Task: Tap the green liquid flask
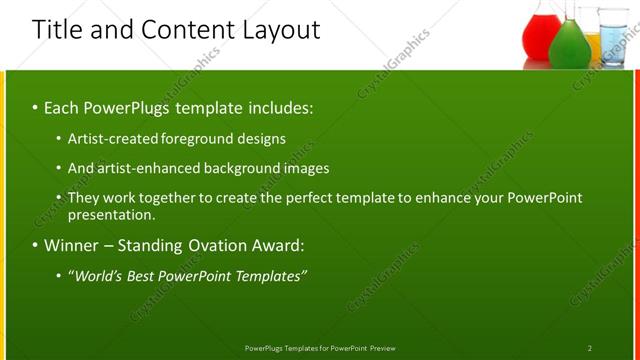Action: click(x=569, y=44)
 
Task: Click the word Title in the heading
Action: click(x=56, y=29)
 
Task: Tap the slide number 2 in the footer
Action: click(x=590, y=348)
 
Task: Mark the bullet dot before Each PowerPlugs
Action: click(x=35, y=107)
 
